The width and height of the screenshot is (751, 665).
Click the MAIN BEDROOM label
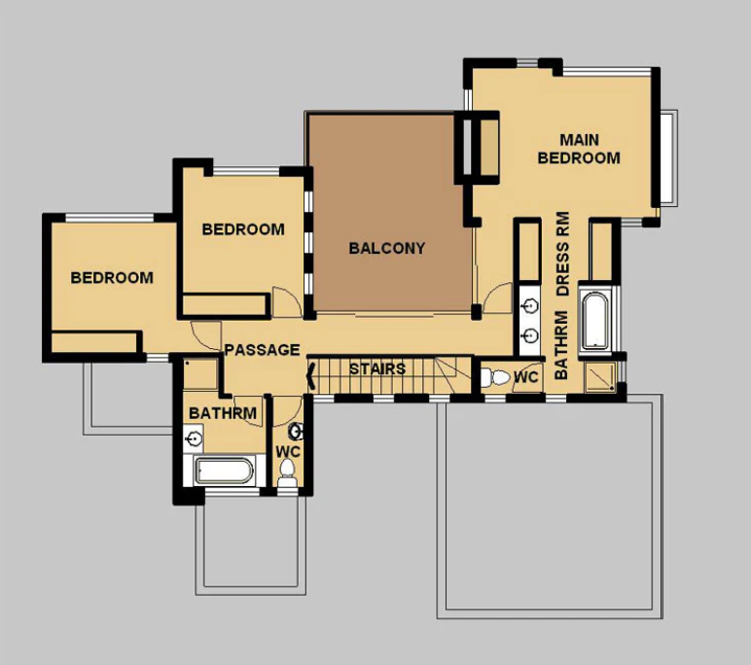point(578,148)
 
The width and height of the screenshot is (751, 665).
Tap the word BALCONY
point(386,248)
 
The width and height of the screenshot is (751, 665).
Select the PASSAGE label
point(262,350)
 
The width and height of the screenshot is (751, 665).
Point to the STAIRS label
point(376,369)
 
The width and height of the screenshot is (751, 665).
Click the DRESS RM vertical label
point(561,254)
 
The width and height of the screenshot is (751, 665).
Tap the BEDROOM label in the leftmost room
point(112,277)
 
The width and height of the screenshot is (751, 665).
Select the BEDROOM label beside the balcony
point(243,229)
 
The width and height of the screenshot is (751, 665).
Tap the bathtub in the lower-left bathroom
point(225,472)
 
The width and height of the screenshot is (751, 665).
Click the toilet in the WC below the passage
point(286,473)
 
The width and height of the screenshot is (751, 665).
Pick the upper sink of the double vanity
point(530,306)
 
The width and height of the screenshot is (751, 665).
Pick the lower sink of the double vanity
point(530,335)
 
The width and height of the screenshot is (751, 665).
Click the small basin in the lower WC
point(297,430)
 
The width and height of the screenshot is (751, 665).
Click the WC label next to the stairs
point(525,377)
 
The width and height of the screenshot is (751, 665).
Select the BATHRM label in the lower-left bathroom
point(223,413)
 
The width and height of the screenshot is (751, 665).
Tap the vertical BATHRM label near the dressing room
point(561,344)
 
